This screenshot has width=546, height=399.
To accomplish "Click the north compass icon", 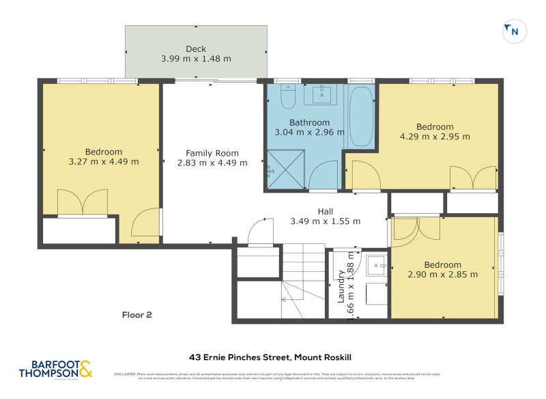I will [515, 31].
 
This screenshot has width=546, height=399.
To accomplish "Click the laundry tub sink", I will [377, 266].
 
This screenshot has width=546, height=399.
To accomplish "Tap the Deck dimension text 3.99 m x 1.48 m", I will [196, 59].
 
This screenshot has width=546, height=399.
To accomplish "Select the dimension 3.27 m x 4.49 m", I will [104, 162].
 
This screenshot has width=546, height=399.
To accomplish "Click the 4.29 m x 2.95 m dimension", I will [435, 136].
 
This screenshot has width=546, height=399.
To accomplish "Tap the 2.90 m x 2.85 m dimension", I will [442, 275].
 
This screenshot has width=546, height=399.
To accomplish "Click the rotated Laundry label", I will [341, 286].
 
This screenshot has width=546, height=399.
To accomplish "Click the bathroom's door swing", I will [324, 176].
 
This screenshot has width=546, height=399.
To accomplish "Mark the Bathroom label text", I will [309, 123].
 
